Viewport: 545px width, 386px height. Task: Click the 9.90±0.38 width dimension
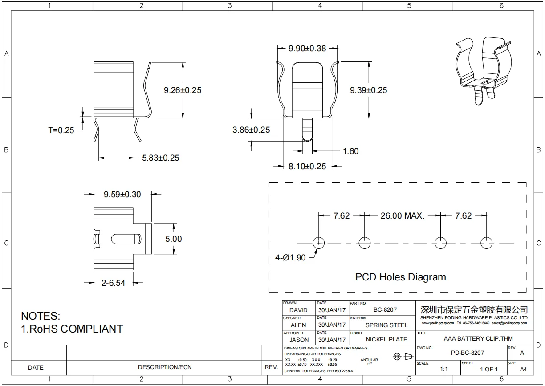pyautogui.click(x=307, y=49)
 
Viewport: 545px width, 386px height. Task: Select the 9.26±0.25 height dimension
pyautogui.click(x=183, y=90)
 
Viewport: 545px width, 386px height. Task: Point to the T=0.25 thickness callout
pyautogui.click(x=61, y=130)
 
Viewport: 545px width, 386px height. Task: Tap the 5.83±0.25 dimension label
pyautogui.click(x=161, y=158)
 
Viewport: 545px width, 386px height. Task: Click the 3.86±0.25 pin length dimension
pyautogui.click(x=251, y=130)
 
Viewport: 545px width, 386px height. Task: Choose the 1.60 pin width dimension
pyautogui.click(x=350, y=151)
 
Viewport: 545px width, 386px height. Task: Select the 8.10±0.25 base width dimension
pyautogui.click(x=307, y=167)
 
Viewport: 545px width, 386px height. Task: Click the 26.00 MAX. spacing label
pyautogui.click(x=403, y=216)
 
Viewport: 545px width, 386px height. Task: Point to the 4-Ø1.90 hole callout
pyautogui.click(x=291, y=257)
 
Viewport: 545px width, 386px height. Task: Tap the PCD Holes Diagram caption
pyautogui.click(x=400, y=277)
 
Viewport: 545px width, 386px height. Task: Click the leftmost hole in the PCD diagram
pyautogui.click(x=319, y=243)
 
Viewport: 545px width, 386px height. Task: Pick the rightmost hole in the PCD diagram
pyautogui.click(x=487, y=243)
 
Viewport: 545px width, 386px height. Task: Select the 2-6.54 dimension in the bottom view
pyautogui.click(x=113, y=283)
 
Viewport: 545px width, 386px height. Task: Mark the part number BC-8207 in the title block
pyautogui.click(x=385, y=309)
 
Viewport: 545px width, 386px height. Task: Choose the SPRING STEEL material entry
pyautogui.click(x=386, y=325)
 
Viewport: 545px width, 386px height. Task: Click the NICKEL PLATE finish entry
pyautogui.click(x=386, y=339)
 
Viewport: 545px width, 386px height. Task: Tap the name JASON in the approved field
pyautogui.click(x=299, y=340)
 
